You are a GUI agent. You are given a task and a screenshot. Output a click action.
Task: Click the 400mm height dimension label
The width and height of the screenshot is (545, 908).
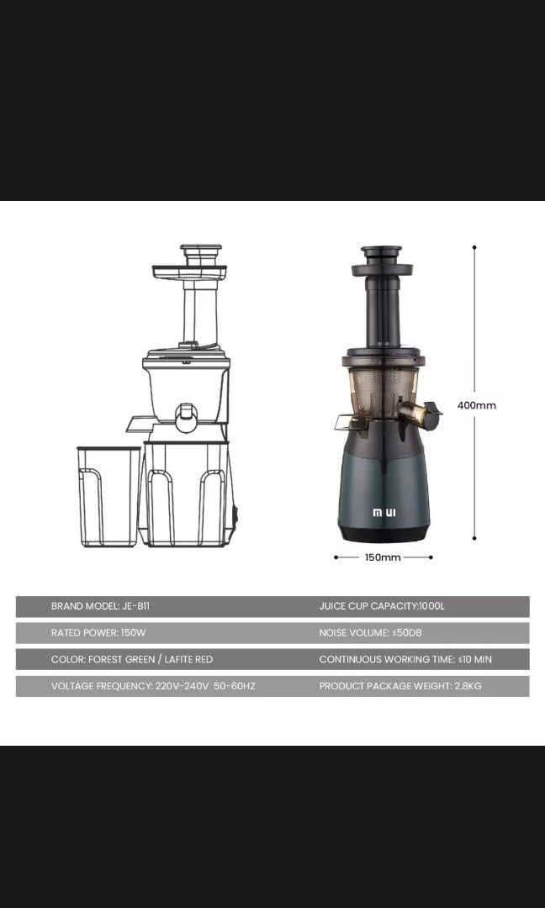[476, 405]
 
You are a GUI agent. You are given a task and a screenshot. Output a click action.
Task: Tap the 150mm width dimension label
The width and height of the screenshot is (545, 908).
[384, 557]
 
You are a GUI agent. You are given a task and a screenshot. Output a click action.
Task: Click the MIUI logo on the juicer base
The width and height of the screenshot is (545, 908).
[384, 511]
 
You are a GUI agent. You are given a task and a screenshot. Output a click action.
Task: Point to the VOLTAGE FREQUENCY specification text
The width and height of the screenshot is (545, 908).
[153, 687]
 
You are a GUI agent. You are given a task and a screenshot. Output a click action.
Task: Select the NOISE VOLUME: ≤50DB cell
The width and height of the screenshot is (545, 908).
[364, 633]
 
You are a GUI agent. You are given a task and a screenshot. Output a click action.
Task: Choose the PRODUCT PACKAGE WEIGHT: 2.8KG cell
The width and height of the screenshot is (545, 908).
[400, 687]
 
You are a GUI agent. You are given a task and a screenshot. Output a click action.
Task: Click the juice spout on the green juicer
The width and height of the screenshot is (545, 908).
[416, 412]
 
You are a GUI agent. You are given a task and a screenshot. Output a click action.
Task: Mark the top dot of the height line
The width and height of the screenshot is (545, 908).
[475, 247]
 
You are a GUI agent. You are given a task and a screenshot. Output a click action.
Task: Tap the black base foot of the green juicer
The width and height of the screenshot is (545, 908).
[384, 533]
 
